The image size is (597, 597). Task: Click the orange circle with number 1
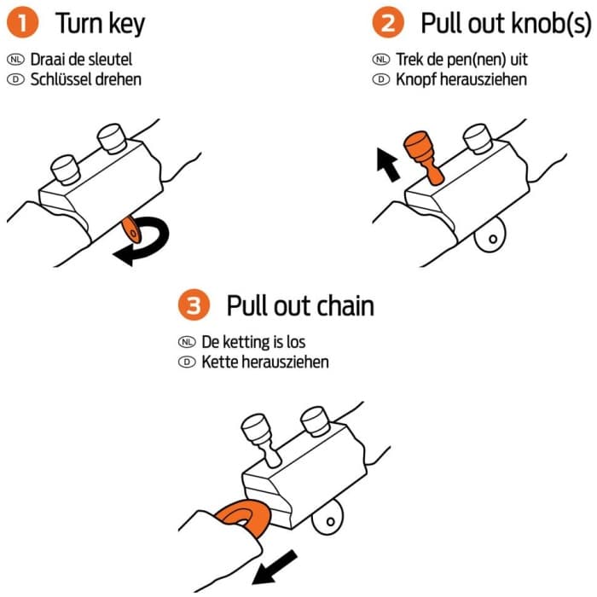22,23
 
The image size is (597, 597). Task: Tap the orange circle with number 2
388,23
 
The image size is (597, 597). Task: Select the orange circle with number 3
194,305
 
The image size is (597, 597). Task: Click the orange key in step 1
131,229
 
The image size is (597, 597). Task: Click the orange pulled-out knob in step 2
423,155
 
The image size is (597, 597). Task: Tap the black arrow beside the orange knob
387,165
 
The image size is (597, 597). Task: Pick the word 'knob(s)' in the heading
551,24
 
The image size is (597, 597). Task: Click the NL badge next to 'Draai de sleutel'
15,60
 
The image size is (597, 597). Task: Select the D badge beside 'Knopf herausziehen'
381,79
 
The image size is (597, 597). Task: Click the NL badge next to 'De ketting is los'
187,342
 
